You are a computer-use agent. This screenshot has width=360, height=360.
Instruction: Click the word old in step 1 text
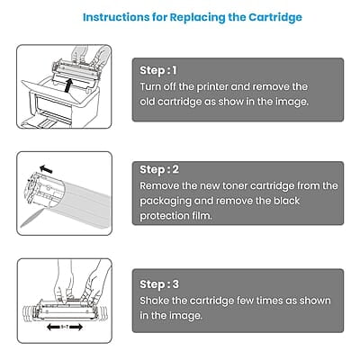coord(150,103)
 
